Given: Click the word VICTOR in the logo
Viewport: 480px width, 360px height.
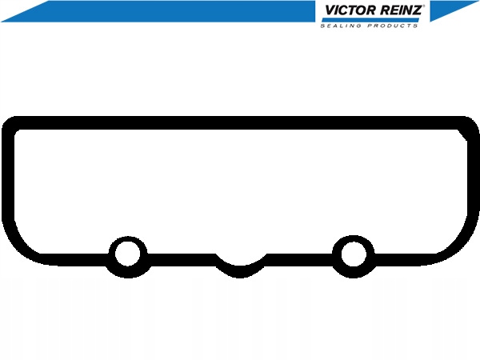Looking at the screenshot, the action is point(350,10).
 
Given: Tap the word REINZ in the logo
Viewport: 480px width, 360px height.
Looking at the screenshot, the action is point(401,10).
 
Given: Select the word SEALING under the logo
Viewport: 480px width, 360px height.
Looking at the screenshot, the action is point(341,26).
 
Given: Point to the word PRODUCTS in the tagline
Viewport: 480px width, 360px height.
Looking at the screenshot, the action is point(393,26).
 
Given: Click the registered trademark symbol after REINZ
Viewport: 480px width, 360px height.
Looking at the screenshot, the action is point(423,6).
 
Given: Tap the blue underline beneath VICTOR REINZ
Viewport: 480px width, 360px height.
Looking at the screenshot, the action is point(370,20).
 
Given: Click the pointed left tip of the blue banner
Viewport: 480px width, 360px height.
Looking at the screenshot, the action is point(2,22).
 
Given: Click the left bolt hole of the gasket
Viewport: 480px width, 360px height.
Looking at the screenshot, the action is point(128,254).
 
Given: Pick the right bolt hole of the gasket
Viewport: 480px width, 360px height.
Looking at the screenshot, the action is point(354,254).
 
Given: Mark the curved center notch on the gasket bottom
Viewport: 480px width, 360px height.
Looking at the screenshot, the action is point(240,270).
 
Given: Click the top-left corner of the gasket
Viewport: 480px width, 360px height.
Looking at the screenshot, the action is point(9,123).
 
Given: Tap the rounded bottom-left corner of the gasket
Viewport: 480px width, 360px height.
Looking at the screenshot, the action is point(18,248).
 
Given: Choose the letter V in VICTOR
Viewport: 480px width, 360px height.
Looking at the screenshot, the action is point(329,10).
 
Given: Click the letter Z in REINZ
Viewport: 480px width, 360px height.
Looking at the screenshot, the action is point(416,10).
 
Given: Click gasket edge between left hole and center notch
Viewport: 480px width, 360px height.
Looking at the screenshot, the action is point(182,260).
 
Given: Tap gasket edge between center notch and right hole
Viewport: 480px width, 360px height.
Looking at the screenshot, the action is point(299,260).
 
